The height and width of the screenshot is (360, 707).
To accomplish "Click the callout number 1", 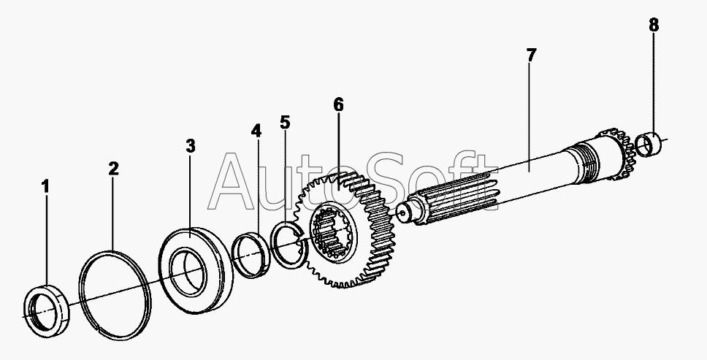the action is click(45, 186).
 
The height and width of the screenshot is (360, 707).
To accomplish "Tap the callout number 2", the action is click(113, 169).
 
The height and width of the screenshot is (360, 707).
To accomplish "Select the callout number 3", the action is click(191, 146).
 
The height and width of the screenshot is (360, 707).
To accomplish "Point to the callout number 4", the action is click(256, 131).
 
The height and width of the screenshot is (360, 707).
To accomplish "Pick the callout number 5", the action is click(285, 122).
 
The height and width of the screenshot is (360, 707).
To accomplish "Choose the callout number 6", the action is click(339, 105).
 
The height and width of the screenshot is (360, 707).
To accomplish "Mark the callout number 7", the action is click(531, 55).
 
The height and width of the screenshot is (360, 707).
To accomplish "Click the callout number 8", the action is click(654, 26).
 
